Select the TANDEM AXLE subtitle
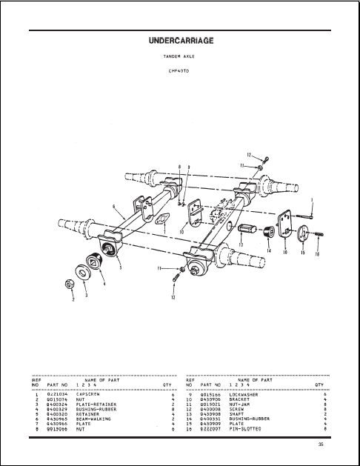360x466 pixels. pyautogui.click(x=181, y=56)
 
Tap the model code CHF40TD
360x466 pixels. pyautogui.click(x=181, y=70)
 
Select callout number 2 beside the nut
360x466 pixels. pyautogui.click(x=73, y=298)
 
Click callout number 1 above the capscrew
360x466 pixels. pyautogui.click(x=312, y=199)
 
